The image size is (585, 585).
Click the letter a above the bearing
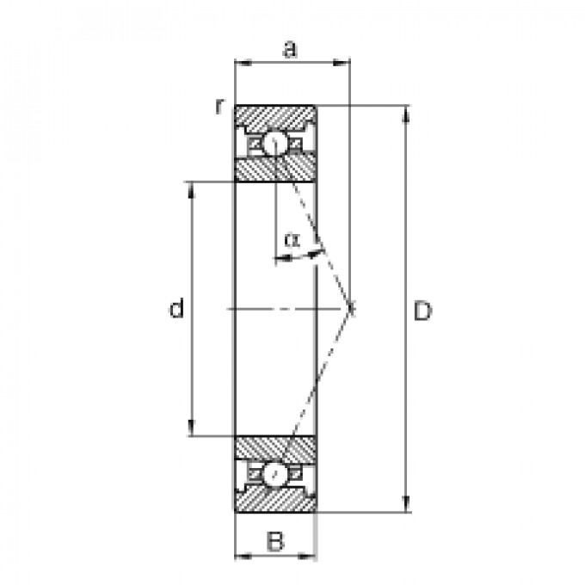291,49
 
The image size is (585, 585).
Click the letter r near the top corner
220,107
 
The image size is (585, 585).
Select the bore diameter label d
176,308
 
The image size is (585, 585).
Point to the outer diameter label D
422,311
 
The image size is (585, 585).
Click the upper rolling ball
275,143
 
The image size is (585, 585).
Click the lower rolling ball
275,474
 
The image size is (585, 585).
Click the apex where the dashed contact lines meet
351,308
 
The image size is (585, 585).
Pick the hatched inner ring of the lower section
275,448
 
